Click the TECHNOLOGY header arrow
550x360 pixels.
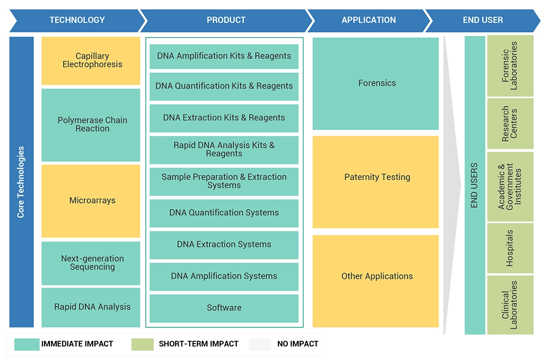pos(77,20)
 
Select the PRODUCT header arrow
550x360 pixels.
pos(226,20)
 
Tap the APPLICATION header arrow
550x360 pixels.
pos(369,20)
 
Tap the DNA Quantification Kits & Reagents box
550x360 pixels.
pos(224,86)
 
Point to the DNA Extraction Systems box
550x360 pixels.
pos(224,245)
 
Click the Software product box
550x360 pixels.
pos(224,308)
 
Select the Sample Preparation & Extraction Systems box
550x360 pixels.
pos(224,181)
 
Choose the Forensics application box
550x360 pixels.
pos(376,84)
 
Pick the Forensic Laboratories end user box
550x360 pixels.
pos(510,66)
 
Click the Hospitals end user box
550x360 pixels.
pos(510,248)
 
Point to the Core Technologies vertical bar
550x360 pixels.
pos(22,182)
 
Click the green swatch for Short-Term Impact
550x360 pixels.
pos(142,344)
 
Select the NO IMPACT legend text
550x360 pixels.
pos(298,344)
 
